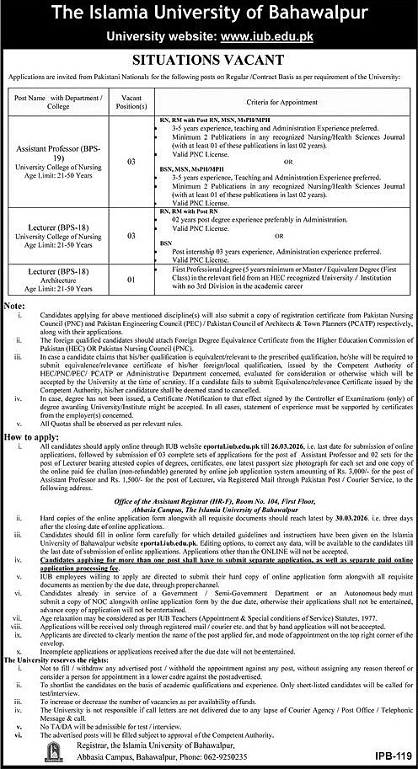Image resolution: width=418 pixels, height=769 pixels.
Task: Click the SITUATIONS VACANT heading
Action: click(x=209, y=61)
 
